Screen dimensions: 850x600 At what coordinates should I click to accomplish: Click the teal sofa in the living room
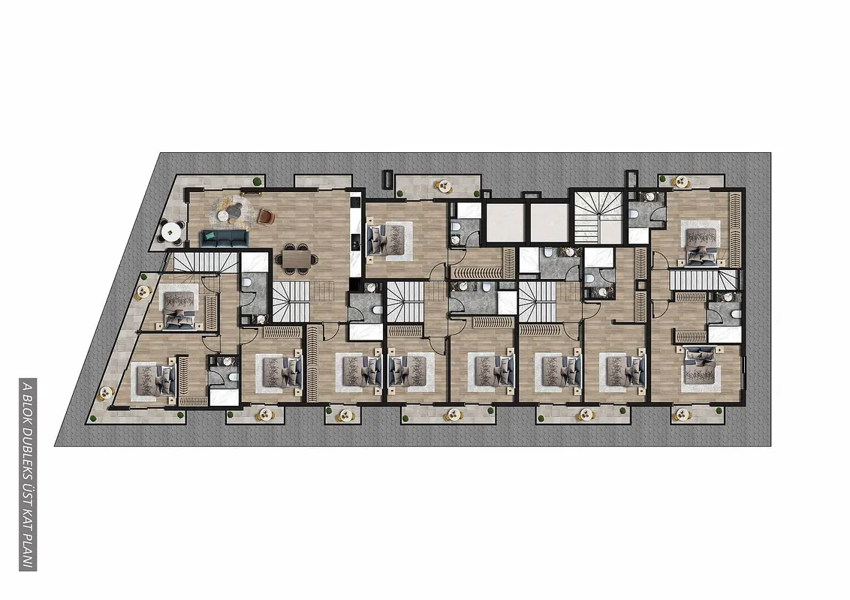224,238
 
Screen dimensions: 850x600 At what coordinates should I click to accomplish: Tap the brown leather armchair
266,217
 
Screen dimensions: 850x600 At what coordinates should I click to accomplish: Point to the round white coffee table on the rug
223,215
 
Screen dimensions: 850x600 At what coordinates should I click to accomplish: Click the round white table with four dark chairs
171,232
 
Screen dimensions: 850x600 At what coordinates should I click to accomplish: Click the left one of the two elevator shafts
506,223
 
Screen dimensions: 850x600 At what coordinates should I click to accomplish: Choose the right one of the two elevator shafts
549,223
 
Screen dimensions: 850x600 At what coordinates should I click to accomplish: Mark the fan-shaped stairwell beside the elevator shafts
599,217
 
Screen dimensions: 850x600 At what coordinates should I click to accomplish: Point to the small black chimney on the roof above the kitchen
387,179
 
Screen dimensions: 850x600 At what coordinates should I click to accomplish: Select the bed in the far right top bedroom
701,245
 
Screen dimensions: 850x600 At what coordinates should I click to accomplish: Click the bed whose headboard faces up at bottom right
701,364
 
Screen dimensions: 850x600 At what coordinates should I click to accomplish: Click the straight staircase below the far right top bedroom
703,280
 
